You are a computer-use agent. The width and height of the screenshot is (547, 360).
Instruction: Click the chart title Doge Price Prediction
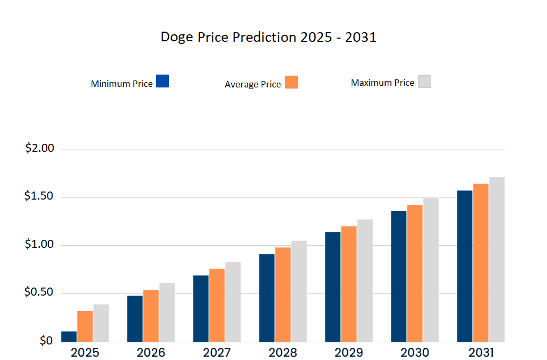(x=269, y=38)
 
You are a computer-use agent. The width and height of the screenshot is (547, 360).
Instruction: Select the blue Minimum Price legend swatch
(x=162, y=81)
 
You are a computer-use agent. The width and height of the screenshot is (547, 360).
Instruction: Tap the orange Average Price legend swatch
(x=292, y=82)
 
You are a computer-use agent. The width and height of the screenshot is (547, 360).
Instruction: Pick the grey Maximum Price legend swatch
(x=425, y=82)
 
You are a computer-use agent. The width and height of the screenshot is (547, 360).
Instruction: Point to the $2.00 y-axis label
(x=40, y=148)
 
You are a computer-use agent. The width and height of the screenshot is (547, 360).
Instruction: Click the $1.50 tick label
(x=40, y=196)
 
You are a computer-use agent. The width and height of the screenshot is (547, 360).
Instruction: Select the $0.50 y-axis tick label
(x=40, y=293)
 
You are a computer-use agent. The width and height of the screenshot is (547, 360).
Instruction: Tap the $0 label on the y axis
(x=46, y=341)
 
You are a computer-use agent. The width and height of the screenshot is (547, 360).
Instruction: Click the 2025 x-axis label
(x=85, y=352)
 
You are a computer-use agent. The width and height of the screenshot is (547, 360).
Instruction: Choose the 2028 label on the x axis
(x=283, y=352)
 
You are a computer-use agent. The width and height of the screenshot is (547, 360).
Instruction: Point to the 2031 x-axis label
(x=481, y=352)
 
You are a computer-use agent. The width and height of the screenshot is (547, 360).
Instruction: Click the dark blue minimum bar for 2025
(x=69, y=337)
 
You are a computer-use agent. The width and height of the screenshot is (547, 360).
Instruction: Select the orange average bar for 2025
(x=85, y=326)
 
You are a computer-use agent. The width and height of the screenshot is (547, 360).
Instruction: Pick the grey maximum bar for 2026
(x=167, y=312)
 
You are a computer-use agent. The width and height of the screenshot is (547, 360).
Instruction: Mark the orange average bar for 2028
(x=283, y=295)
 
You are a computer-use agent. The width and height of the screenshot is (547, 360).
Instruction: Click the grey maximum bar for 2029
(x=365, y=281)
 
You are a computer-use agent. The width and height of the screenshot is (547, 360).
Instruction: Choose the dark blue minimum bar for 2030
(x=398, y=276)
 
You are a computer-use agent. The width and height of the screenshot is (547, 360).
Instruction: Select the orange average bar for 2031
(x=481, y=263)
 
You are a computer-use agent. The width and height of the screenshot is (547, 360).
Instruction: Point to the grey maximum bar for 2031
(x=497, y=260)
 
